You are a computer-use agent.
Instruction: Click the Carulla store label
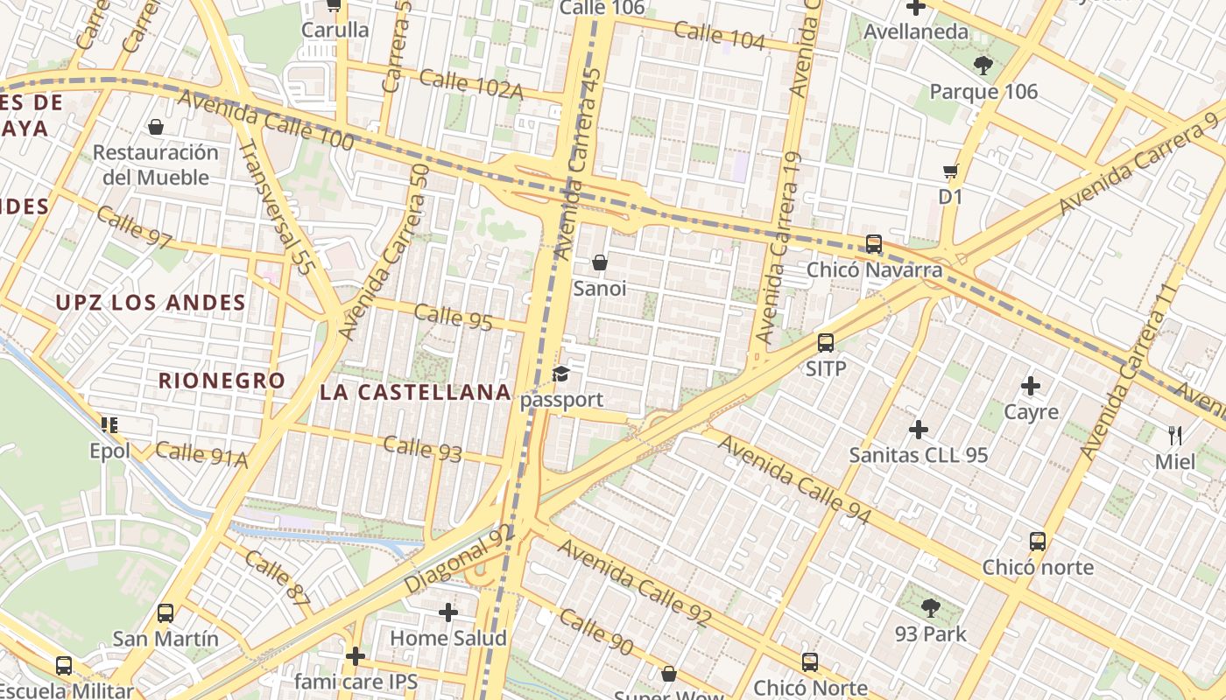point(335,30)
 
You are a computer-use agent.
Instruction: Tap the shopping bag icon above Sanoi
point(600,262)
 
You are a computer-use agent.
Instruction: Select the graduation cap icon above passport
point(560,374)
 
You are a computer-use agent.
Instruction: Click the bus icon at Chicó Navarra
point(873,244)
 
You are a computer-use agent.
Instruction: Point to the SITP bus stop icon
point(825,343)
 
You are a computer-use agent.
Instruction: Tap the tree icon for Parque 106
point(983,65)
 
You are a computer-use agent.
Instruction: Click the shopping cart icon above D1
point(950,171)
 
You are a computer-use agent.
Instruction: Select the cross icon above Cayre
point(1031,385)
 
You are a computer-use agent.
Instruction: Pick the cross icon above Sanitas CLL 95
point(918,430)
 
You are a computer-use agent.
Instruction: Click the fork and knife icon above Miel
point(1174,435)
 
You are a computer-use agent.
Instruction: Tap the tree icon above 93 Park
point(930,607)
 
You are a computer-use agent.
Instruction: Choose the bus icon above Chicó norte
point(1038,542)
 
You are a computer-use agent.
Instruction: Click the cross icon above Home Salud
point(448,612)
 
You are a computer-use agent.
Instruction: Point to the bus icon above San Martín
point(166,613)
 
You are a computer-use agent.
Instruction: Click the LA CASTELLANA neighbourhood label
point(415,392)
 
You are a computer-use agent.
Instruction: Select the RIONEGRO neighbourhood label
point(222,381)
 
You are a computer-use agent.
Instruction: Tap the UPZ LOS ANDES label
point(151,304)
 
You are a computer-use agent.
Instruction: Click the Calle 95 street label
point(453,317)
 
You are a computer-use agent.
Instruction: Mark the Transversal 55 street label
point(277,208)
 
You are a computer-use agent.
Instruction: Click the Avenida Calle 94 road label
point(794,480)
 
